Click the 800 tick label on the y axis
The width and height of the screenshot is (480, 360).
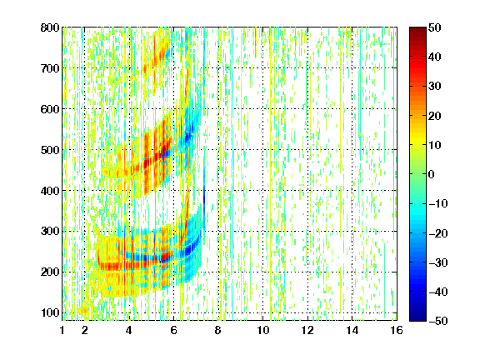tap(50, 27)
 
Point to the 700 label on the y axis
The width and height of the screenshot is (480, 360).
tap(50, 68)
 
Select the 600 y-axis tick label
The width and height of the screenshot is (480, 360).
tap(50, 109)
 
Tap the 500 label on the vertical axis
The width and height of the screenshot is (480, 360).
tap(50, 150)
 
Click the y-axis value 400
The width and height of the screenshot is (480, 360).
tap(50, 191)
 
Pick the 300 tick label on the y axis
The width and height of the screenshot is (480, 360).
tap(50, 232)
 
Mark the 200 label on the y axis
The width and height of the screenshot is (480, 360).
tap(50, 272)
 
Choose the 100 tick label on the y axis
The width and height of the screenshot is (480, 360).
tap(50, 312)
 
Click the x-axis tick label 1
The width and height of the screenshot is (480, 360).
tap(62, 330)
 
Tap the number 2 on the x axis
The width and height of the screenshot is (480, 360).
tap(85, 330)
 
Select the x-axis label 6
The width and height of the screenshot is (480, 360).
tap(174, 330)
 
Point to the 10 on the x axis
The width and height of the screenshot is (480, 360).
tap(263, 330)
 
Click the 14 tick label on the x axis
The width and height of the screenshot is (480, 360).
tap(352, 330)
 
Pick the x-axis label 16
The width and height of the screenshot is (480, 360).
tap(397, 330)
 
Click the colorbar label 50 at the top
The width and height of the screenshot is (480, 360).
tap(435, 27)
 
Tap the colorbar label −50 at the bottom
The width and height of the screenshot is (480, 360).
tap(437, 321)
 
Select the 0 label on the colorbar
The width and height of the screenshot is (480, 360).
tap(432, 174)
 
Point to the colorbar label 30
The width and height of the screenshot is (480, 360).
tap(435, 87)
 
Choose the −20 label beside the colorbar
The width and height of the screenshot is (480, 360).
tap(437, 233)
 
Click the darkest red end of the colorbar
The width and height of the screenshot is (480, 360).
tap(417, 29)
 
